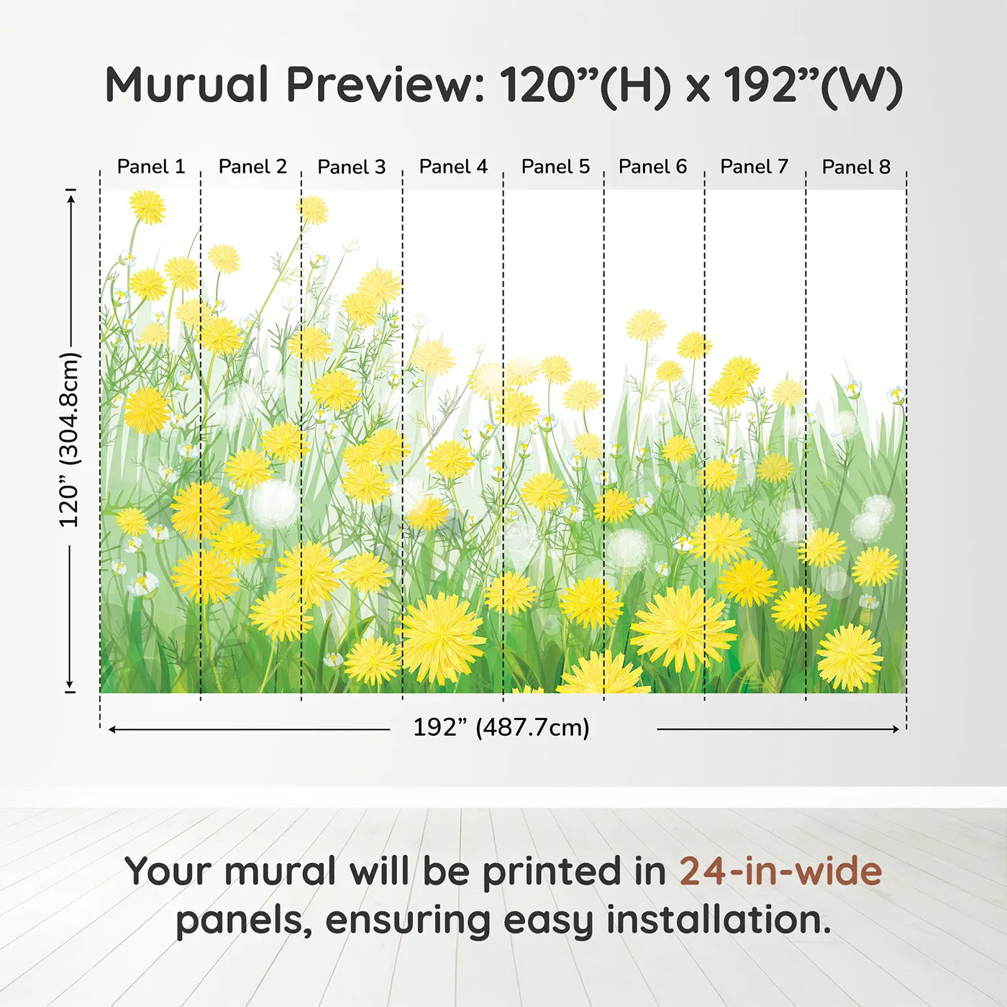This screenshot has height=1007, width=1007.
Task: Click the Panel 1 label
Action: coord(151,167)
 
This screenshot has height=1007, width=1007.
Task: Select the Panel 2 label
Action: coord(253,167)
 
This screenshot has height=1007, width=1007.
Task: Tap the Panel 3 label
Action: coord(352,167)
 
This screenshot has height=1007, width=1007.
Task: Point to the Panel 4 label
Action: coord(454,167)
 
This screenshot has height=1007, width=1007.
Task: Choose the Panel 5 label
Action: coord(555,167)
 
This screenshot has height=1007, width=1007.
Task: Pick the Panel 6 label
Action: coord(652,167)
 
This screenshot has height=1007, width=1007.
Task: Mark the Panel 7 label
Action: coord(754,167)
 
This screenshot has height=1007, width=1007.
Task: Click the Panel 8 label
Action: coord(856,167)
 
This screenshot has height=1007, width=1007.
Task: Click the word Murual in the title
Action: coord(187,84)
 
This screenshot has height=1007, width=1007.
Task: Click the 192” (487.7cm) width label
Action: coord(501,728)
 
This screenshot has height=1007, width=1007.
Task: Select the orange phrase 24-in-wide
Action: coord(781,871)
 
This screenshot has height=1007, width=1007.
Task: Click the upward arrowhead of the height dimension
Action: coord(71,195)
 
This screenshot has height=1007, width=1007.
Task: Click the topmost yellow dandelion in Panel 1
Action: coord(147,207)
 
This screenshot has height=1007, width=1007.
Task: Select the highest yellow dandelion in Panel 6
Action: coord(646,325)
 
